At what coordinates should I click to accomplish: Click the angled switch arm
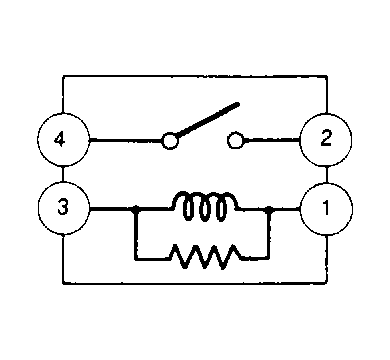(208, 120)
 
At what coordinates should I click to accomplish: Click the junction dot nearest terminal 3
(135, 209)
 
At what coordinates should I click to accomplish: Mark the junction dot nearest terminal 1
(269, 210)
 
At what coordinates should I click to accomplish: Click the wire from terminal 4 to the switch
(126, 140)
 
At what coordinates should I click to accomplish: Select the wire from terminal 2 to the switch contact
(272, 140)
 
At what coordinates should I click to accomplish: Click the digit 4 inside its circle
(59, 139)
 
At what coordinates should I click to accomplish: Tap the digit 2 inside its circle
(326, 138)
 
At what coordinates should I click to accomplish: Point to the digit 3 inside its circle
(63, 207)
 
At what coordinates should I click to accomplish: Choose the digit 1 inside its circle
(326, 207)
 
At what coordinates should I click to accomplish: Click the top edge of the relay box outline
(195, 76)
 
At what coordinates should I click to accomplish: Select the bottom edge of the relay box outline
(195, 283)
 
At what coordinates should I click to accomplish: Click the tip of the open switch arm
(238, 104)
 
